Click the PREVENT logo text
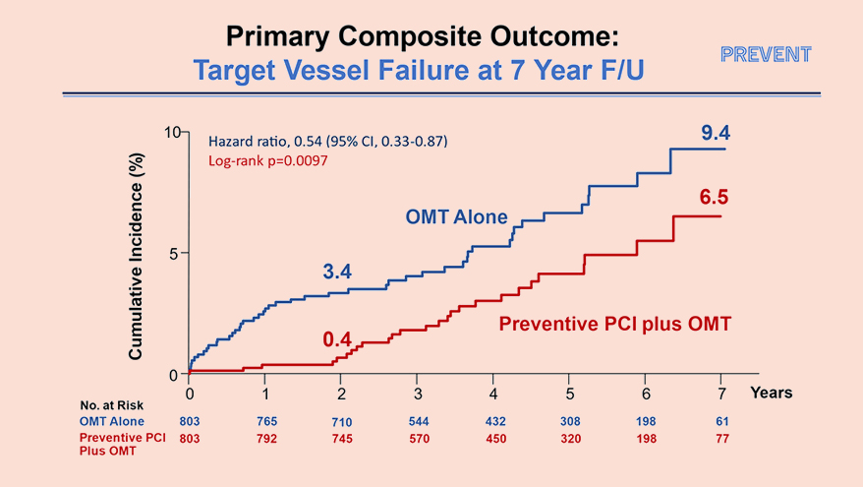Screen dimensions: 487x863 (x=766, y=54)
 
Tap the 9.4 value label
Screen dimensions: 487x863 (x=716, y=132)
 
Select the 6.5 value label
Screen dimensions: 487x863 (x=714, y=198)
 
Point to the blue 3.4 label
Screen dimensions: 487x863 (x=337, y=272)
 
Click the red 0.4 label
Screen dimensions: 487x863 (x=337, y=340)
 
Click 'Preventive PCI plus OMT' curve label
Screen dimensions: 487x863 (x=615, y=323)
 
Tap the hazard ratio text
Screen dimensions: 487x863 (x=328, y=142)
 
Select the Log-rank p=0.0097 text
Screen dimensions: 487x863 (x=267, y=160)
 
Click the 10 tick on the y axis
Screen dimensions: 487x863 (x=172, y=133)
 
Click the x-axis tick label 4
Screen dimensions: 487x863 (x=492, y=394)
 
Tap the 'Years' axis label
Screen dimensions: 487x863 (x=772, y=393)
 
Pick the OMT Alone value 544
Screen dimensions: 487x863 (x=417, y=421)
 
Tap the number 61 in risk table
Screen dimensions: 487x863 (x=720, y=421)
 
